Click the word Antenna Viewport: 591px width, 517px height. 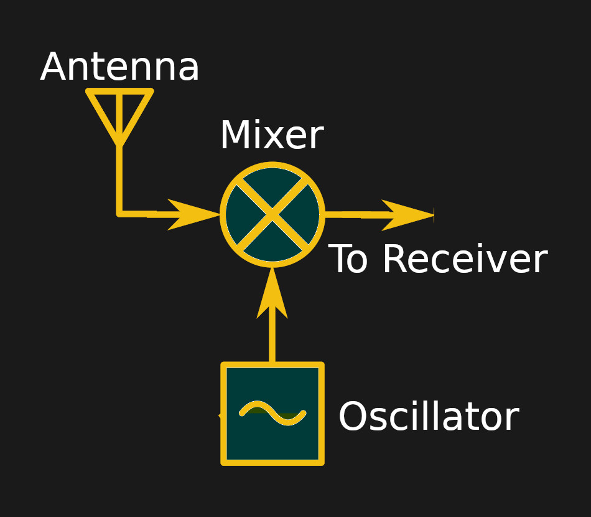(x=119, y=68)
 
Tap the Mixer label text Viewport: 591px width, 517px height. (x=271, y=136)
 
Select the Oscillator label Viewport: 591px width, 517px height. (x=428, y=417)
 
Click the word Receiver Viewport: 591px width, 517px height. (x=464, y=260)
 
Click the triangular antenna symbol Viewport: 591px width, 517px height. (x=119, y=112)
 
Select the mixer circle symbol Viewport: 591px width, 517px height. (x=272, y=215)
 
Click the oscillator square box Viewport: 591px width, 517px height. (x=272, y=414)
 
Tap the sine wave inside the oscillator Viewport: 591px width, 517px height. (x=272, y=413)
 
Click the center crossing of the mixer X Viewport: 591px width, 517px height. (x=272, y=215)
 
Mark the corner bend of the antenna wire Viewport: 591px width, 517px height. (x=119, y=214)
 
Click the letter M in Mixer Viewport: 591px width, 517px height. (x=233, y=136)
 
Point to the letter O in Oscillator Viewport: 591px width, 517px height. (x=353, y=417)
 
